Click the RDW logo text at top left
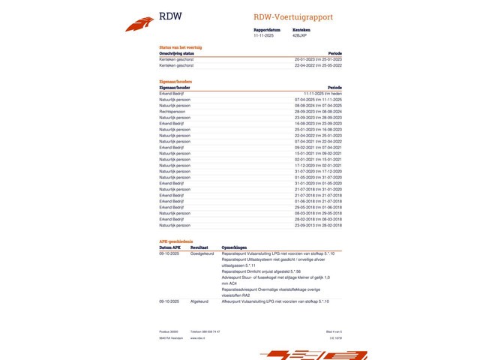(x=170, y=16)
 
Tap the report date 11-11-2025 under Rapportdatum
(x=265, y=35)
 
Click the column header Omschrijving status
(x=177, y=53)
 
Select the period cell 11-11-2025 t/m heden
(x=323, y=94)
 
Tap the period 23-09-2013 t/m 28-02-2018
(x=317, y=225)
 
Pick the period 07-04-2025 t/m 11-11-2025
(x=317, y=100)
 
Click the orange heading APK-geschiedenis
(x=176, y=241)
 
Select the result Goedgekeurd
(x=202, y=253)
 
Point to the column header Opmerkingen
(x=235, y=247)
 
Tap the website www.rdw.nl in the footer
(x=198, y=338)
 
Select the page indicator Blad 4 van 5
(x=334, y=331)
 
